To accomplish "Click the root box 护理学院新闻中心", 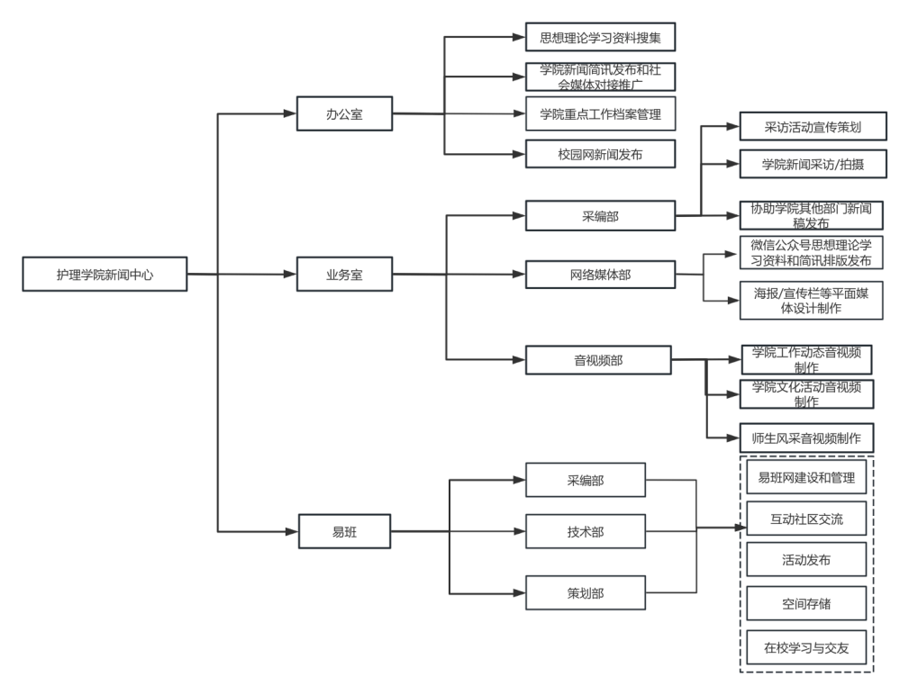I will pos(105,275).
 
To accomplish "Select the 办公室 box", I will pos(344,114).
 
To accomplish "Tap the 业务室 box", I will pos(344,275).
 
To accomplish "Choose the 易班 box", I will pos(344,532).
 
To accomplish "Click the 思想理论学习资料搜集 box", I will pos(600,37).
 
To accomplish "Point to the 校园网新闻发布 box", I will pos(600,154).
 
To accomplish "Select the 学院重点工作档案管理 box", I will pos(600,114).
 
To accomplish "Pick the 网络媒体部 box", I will pos(600,275).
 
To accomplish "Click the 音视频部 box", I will pos(598,360).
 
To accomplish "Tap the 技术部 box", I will pos(586,532).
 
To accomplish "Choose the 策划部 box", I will pos(586,593).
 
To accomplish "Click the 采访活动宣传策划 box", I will pos(813,127).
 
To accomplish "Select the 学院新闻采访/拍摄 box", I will pos(813,165).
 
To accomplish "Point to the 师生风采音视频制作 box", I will pos(806,439).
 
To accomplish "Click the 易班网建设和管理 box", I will pos(806,477).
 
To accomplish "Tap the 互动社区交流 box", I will pos(806,519).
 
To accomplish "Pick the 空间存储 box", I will pos(806,603).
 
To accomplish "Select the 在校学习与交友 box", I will pos(806,646).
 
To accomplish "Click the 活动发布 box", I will pos(806,560).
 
